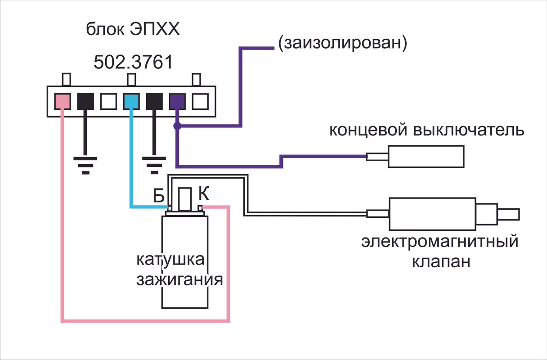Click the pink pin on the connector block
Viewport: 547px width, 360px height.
coord(62,102)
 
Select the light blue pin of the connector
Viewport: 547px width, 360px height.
coord(130,102)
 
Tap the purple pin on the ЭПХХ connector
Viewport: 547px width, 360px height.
coord(177,102)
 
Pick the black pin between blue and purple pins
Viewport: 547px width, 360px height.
coord(154,102)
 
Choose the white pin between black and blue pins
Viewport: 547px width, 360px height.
coord(108,102)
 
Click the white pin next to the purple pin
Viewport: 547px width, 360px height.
coord(199,102)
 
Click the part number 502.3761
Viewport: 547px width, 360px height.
coord(133,62)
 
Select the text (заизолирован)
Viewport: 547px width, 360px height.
coord(343,43)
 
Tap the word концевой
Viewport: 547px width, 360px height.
coord(367,130)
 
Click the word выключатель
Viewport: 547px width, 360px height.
coord(468,130)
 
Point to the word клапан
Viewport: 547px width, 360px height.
coord(441,261)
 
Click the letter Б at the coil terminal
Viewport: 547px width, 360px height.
coord(158,196)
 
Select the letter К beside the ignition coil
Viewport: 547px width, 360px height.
coord(203,194)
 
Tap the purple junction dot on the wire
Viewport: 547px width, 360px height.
coord(177,126)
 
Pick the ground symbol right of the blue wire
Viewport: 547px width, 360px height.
coord(154,164)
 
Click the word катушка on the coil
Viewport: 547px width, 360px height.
coord(170,261)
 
